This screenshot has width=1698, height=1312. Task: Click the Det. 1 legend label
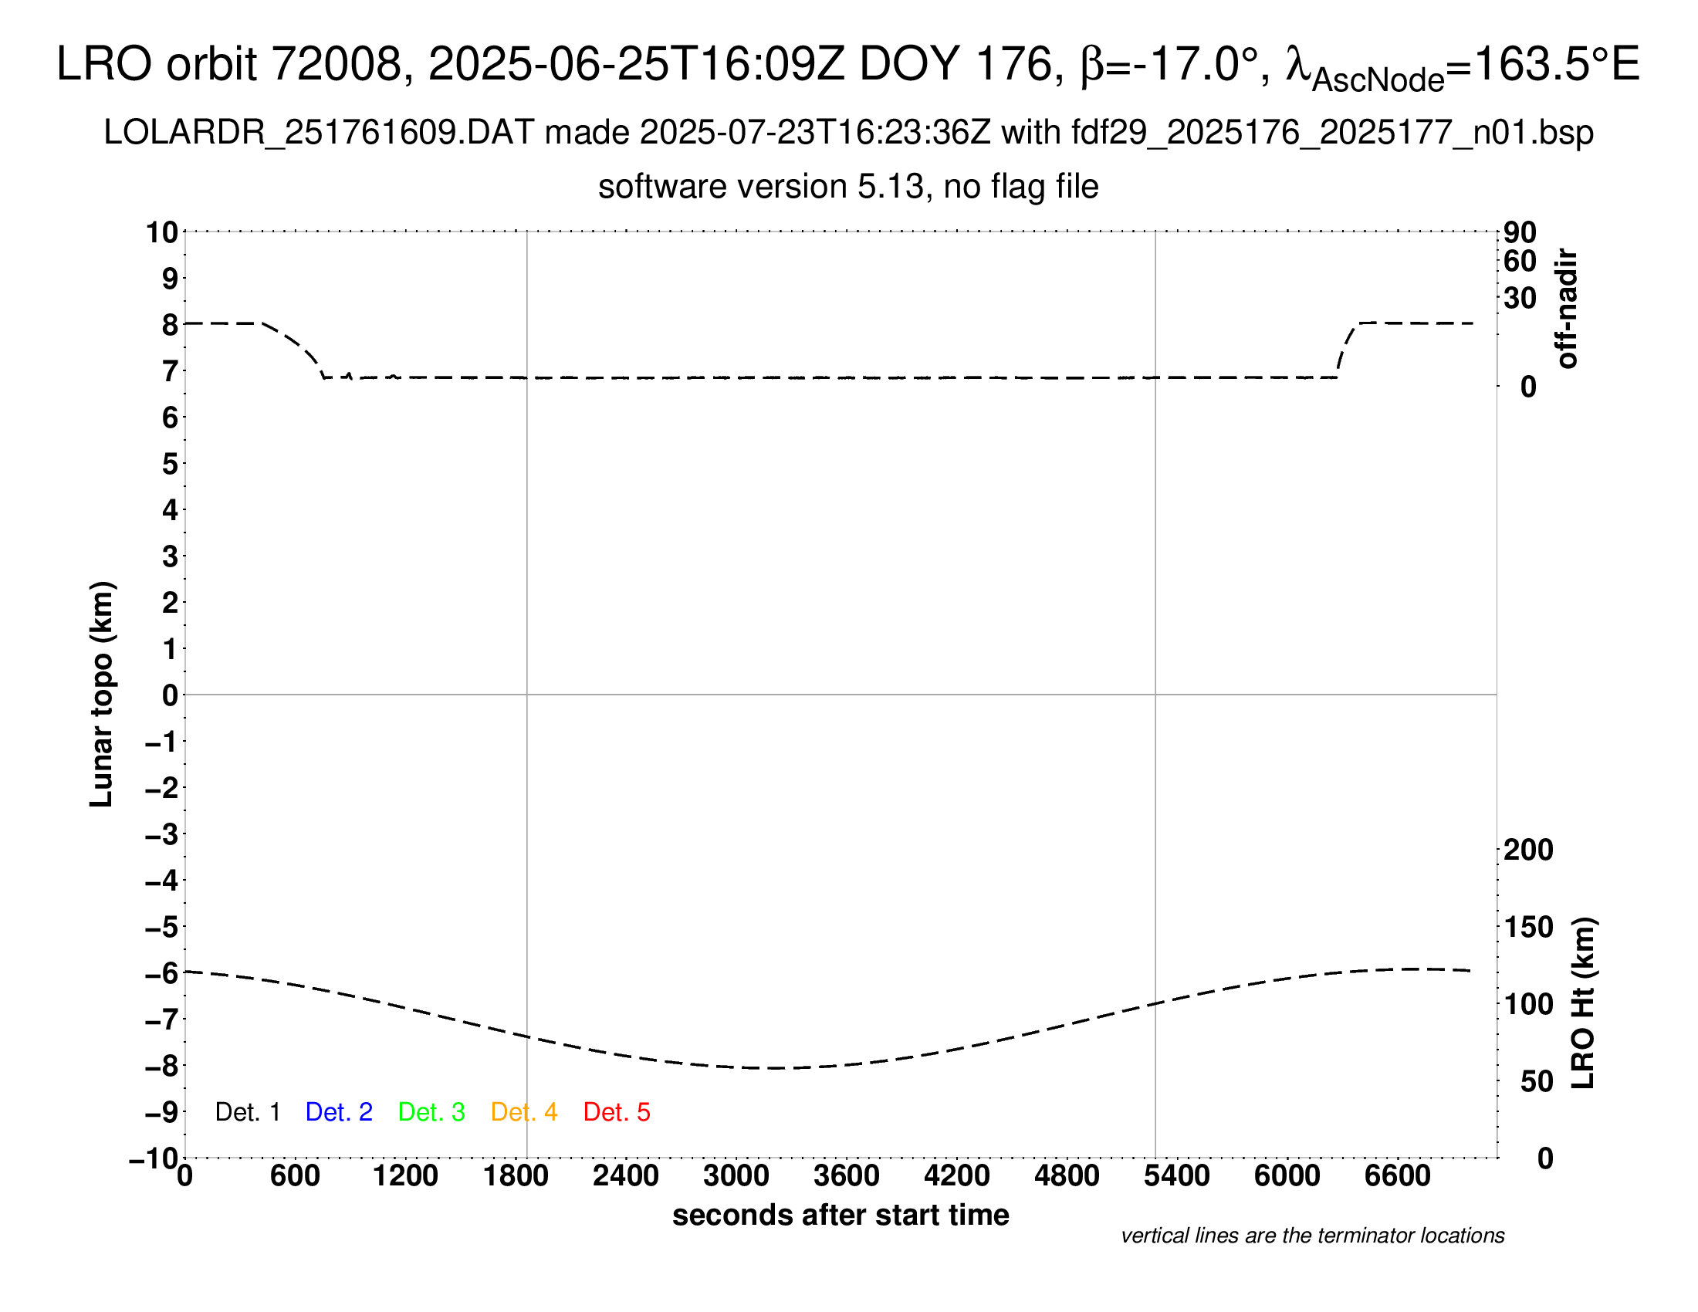pos(247,1112)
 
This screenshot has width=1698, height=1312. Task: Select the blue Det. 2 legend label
pos(339,1112)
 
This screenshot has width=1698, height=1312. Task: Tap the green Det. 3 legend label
pos(431,1112)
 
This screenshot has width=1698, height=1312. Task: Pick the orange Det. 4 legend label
pos(524,1112)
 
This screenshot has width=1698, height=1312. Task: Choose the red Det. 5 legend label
pos(617,1112)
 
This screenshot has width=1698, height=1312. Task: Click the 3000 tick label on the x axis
pos(736,1176)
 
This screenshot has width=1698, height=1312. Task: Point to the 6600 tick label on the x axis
pos(1397,1176)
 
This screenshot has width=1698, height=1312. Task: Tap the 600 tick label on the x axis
pos(295,1176)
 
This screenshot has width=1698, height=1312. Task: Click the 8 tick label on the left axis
pos(170,325)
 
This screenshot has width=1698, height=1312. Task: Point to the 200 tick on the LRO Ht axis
pos(1527,850)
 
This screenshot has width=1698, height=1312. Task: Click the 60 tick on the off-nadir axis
pos(1519,261)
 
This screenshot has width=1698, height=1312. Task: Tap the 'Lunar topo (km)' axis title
pos(102,694)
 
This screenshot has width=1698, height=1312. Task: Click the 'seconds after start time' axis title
pos(841,1215)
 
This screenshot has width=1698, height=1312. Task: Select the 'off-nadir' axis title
pos(1567,309)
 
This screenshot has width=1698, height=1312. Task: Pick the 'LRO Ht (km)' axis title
pos(1583,1003)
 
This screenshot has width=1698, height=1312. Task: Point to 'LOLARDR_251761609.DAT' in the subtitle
pos(319,133)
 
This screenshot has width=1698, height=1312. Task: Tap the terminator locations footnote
pos(1312,1236)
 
